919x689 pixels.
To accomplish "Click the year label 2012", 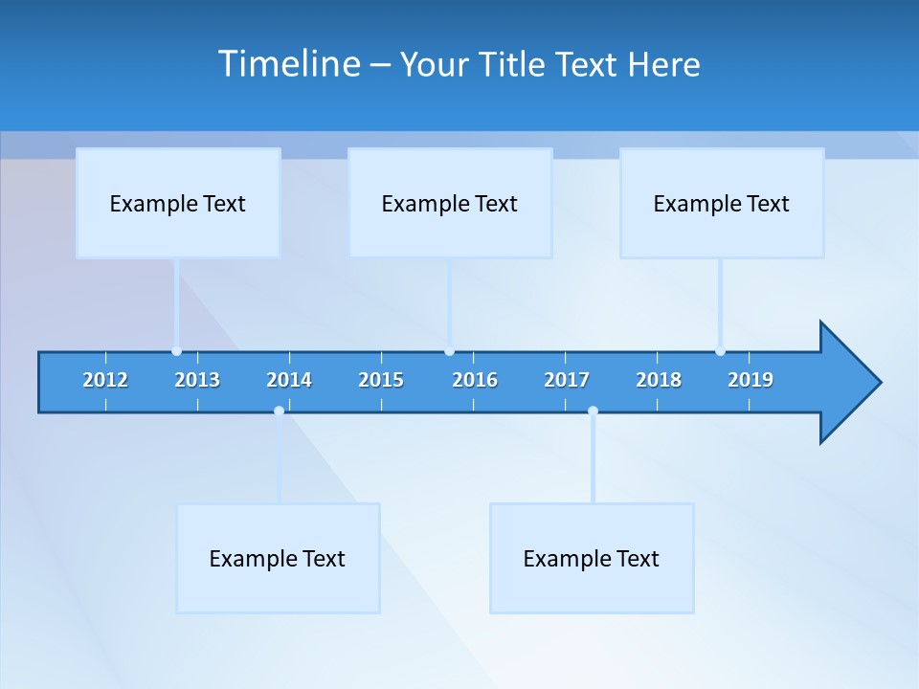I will pos(105,380).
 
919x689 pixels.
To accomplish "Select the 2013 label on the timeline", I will pos(197,380).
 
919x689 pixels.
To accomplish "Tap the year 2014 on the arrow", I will pos(289,380).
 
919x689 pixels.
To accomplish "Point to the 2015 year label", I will pos(381,380).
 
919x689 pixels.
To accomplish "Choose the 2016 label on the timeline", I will pos(475,380).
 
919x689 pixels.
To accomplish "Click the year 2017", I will pos(567,380).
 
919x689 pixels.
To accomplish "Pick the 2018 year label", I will pos(659,380).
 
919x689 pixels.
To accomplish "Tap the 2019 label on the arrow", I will pos(751,380).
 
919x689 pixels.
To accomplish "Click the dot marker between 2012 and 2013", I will pos(176,351).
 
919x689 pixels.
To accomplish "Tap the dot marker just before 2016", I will pos(449,351).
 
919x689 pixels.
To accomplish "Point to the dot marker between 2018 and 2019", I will pos(720,351).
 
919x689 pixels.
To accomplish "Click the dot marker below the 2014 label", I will pos(279,411).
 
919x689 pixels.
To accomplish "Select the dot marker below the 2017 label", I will pos(593,411).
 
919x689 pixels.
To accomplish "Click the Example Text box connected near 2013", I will pos(178,203).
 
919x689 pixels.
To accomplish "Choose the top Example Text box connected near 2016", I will pos(450,203).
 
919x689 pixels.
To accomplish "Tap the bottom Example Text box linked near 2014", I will pos(278,558).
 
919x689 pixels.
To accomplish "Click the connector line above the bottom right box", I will pos(593,459).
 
